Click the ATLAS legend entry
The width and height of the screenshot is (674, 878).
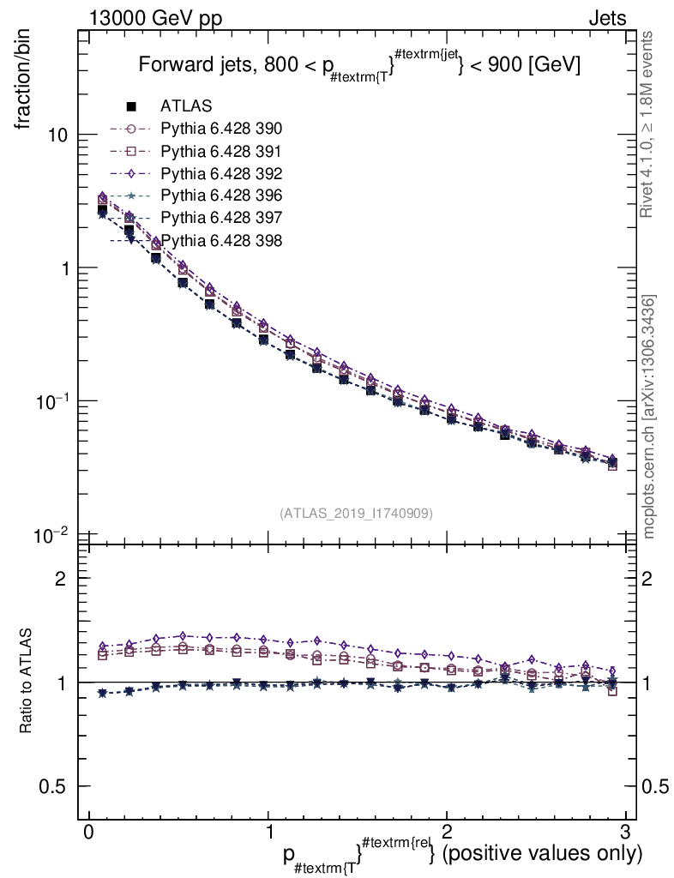pyautogui.click(x=186, y=107)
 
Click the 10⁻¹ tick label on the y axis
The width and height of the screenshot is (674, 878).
pyautogui.click(x=51, y=401)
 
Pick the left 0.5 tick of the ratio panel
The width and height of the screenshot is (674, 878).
pyautogui.click(x=52, y=786)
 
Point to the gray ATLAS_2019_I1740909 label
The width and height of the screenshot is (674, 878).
pyautogui.click(x=356, y=513)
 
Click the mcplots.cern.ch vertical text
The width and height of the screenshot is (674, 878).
pyautogui.click(x=650, y=417)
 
